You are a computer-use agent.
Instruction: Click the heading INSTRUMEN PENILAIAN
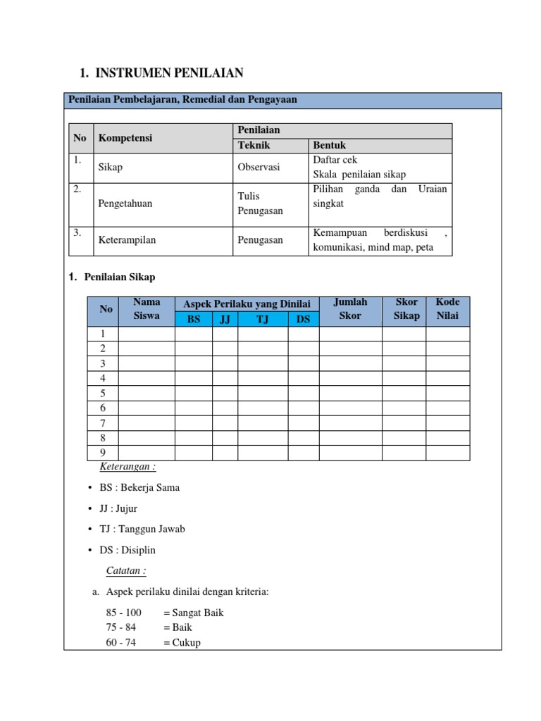169,73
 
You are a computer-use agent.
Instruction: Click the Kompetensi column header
125,138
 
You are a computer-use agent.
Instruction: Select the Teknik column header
254,146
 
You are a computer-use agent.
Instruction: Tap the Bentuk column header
329,146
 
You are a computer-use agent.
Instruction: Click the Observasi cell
259,168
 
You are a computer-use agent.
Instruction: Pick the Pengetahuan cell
126,203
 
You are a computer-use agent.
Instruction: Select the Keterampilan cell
128,240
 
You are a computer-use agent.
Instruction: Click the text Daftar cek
335,160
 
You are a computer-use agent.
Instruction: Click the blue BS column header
194,319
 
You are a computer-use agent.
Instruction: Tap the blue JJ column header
225,319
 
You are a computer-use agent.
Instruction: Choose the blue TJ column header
263,319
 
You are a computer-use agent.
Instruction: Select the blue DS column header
303,319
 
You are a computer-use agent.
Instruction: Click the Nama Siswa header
147,308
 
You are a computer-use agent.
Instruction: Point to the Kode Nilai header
447,308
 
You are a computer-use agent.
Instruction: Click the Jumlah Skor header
350,308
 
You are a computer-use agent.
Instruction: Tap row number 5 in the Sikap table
103,393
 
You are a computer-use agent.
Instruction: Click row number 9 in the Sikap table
103,452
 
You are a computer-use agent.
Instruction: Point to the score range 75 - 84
123,627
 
